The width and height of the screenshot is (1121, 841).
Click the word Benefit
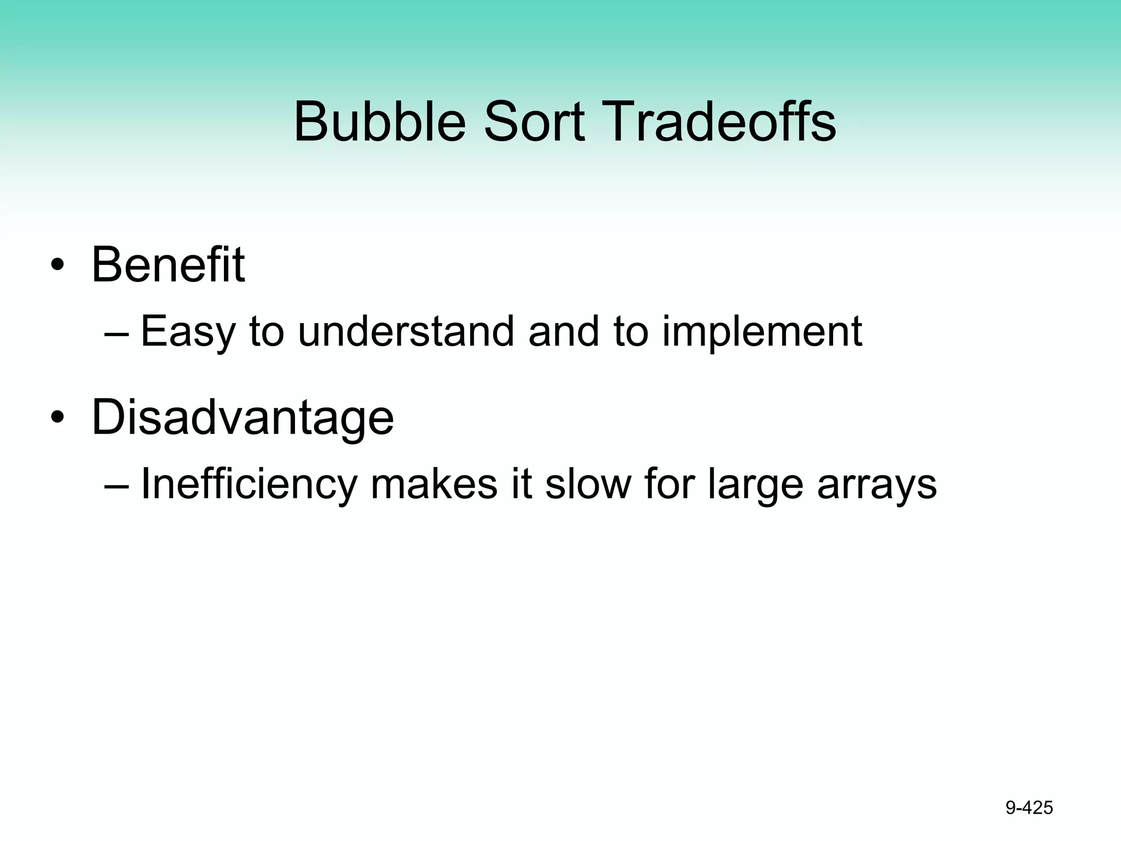167,265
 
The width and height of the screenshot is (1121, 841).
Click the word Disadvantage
242,418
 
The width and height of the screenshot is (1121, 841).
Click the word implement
762,332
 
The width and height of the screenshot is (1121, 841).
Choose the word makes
434,484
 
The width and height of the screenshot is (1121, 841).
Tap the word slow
588,484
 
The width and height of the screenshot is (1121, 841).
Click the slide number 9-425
1029,808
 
